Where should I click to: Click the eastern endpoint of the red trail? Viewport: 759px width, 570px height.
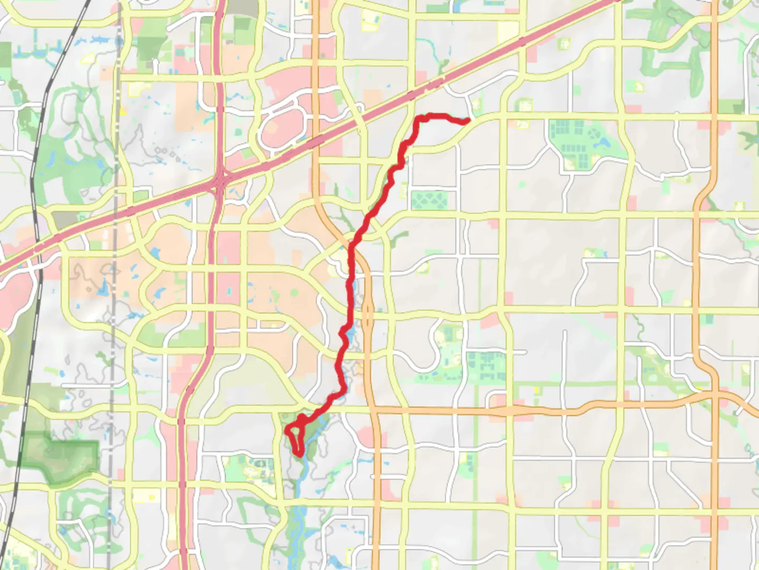tap(468, 121)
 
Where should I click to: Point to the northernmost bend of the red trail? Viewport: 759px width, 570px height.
tap(430, 116)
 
